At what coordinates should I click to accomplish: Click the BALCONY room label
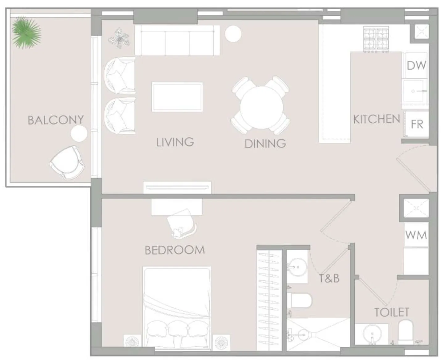click(56, 120)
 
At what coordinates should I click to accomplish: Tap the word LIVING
click(175, 142)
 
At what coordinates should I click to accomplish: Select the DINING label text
click(265, 144)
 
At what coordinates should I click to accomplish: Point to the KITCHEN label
click(376, 119)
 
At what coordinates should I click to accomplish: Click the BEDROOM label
click(175, 250)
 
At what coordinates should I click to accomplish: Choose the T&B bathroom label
click(329, 278)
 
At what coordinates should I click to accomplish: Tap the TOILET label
click(392, 312)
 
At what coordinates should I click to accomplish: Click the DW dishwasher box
click(416, 65)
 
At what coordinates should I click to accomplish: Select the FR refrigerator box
click(417, 124)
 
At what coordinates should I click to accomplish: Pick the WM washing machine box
click(416, 235)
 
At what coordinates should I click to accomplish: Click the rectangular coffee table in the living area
click(177, 97)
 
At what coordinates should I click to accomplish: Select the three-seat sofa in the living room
click(177, 41)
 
